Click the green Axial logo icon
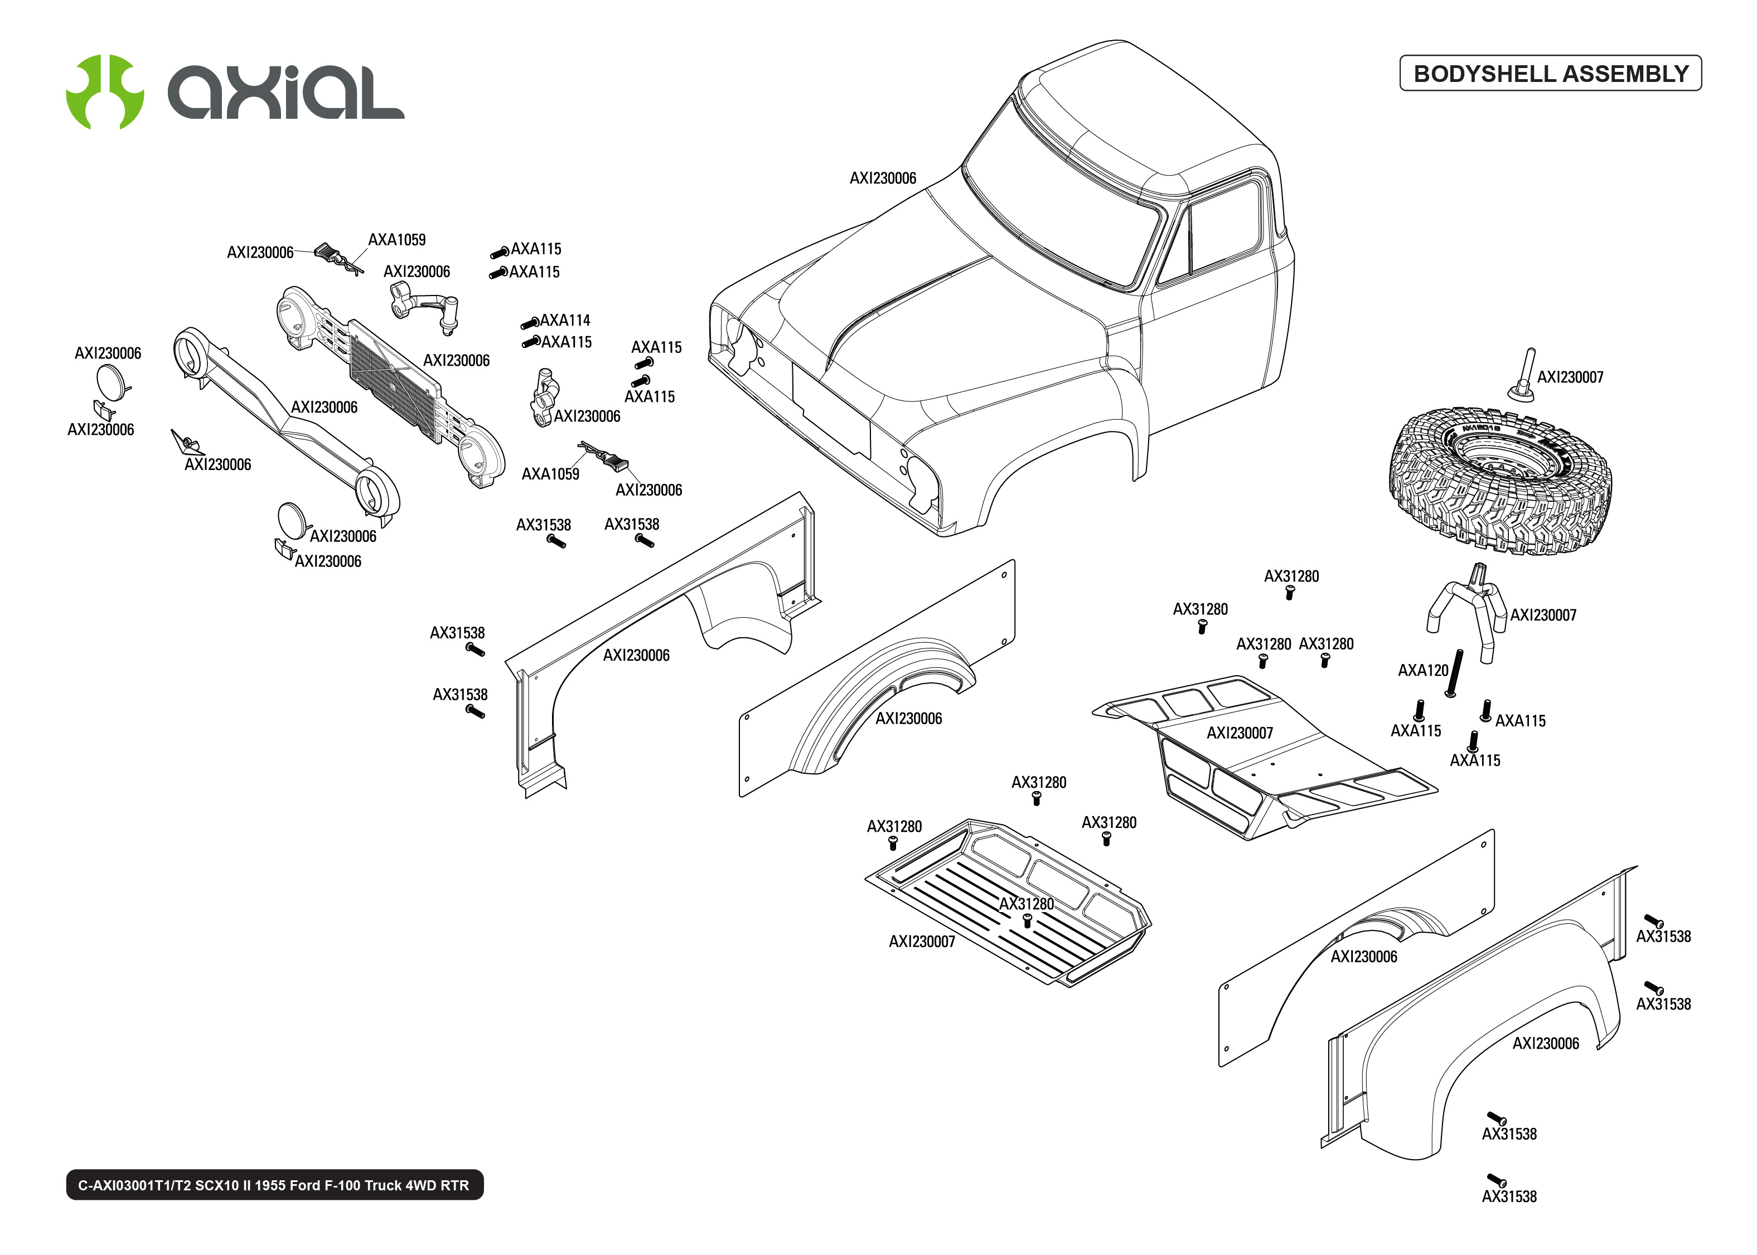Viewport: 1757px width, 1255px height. [x=104, y=92]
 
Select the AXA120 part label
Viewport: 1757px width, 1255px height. [x=1422, y=671]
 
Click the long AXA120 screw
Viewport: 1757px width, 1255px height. [x=1454, y=672]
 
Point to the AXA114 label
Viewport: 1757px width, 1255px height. [x=565, y=320]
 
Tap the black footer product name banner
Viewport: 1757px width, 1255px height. [x=274, y=1185]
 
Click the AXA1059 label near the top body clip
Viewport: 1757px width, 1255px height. [x=396, y=240]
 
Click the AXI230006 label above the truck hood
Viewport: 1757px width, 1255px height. [x=882, y=178]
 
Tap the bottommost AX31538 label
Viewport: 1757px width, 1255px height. [x=1508, y=1196]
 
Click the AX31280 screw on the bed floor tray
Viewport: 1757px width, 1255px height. [x=1027, y=920]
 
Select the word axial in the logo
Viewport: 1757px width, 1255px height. [x=286, y=93]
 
